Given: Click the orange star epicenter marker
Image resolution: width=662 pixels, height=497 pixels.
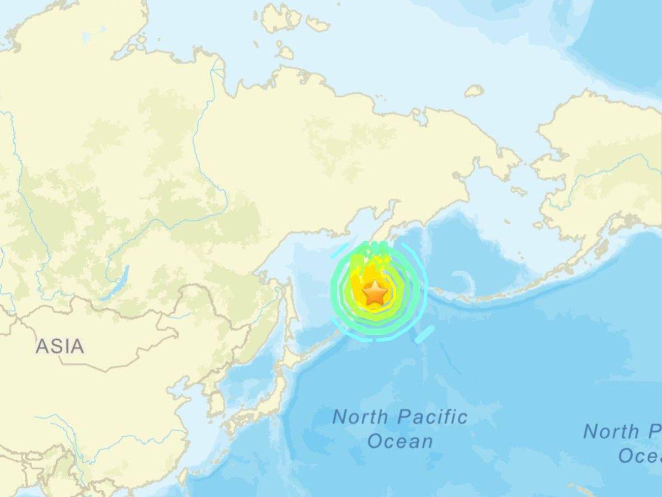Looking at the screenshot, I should pos(375,293).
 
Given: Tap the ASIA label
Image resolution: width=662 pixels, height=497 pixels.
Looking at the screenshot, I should pos(60,346).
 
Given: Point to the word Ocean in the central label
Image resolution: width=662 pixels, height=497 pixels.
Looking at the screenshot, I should pos(400,441).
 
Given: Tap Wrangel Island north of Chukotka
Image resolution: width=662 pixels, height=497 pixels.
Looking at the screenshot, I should pos(474,91).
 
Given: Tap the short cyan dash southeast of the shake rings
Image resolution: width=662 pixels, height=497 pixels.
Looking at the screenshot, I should pos(425,334).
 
